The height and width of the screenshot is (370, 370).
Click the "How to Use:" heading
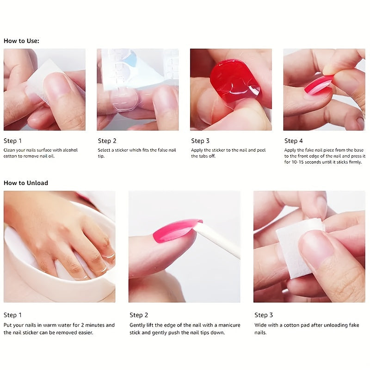click(21, 41)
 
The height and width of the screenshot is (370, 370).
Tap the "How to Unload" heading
click(26, 183)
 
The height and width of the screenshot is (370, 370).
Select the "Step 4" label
click(294, 141)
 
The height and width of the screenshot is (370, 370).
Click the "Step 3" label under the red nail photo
click(200, 141)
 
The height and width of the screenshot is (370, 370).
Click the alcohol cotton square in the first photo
click(42, 81)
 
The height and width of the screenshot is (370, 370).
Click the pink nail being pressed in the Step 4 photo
click(318, 85)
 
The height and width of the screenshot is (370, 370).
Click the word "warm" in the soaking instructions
click(57, 325)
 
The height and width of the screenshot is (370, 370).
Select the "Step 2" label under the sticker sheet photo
click(107, 141)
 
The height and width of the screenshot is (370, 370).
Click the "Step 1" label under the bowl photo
click(12, 315)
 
